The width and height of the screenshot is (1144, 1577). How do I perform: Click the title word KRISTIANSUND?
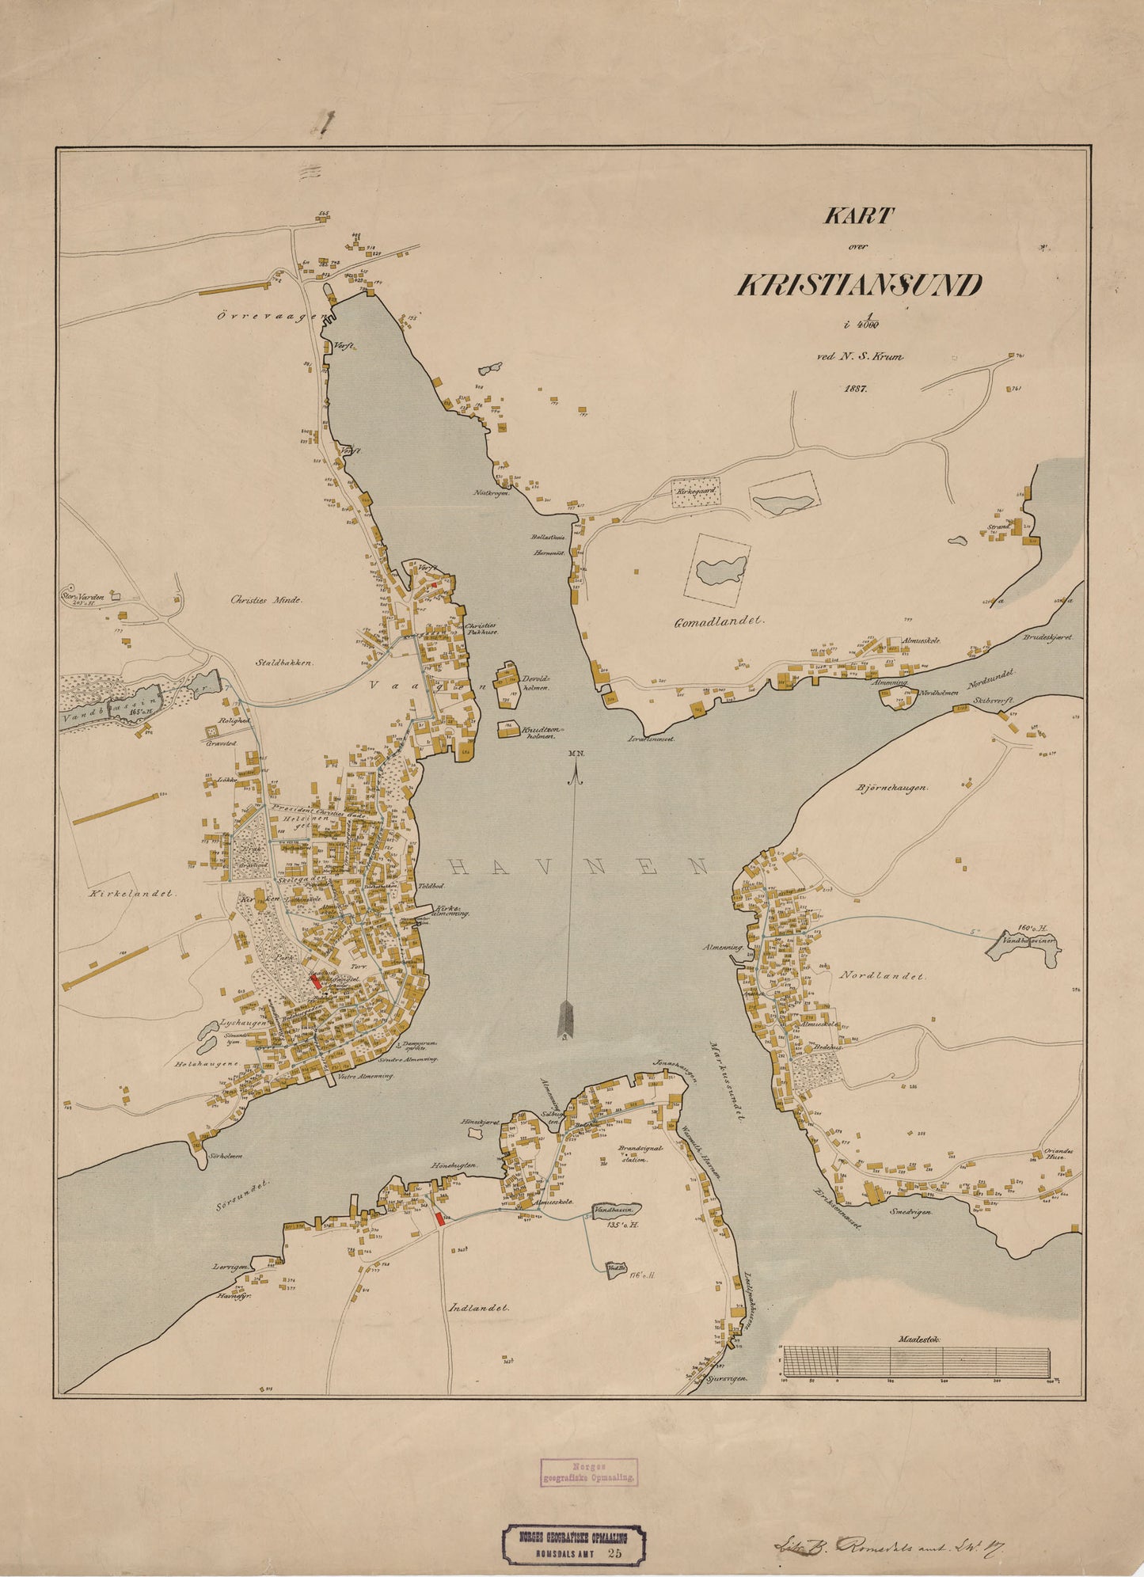point(859,285)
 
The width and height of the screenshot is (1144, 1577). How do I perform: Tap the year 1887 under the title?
point(857,389)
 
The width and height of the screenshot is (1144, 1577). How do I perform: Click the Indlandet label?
point(478,1308)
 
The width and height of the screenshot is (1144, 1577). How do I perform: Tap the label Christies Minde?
point(266,600)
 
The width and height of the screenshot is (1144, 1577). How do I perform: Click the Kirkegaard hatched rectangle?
point(696,492)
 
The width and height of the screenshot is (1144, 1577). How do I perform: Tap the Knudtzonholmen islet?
point(507,729)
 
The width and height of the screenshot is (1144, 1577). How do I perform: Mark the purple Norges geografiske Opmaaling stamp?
point(589,1471)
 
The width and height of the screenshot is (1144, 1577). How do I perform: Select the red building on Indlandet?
point(440,1218)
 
